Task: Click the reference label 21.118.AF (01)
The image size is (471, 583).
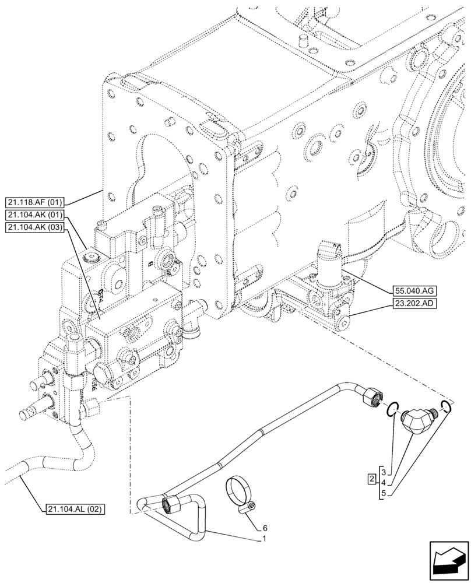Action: pos(36,202)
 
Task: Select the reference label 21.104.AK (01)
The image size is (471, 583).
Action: pos(36,215)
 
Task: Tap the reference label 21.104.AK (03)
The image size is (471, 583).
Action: pos(36,228)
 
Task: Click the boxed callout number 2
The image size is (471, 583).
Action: pos(371,479)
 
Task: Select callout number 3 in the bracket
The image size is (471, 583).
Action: pos(388,470)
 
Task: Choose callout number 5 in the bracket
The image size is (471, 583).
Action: pos(388,494)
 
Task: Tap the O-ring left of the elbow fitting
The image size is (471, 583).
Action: pos(394,408)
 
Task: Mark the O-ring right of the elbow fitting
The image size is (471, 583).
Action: pos(445,406)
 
